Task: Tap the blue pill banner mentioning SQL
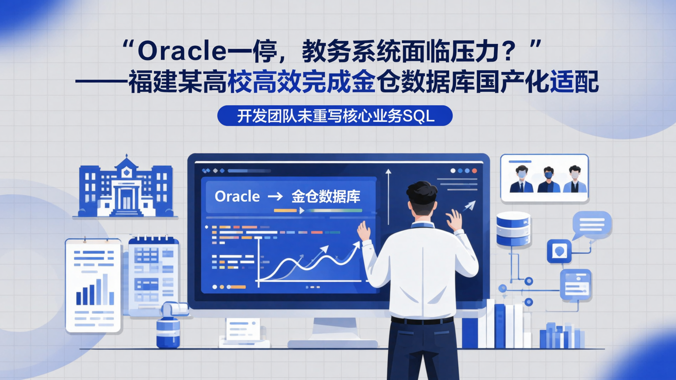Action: click(x=335, y=116)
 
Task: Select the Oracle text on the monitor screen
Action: click(x=237, y=197)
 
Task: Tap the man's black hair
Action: click(x=422, y=192)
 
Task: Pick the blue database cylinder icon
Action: click(x=513, y=228)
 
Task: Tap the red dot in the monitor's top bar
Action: click(x=474, y=171)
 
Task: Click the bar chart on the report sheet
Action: click(x=95, y=291)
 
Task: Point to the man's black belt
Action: click(x=422, y=320)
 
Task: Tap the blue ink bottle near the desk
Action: click(x=168, y=331)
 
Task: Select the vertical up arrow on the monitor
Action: click(x=388, y=197)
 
